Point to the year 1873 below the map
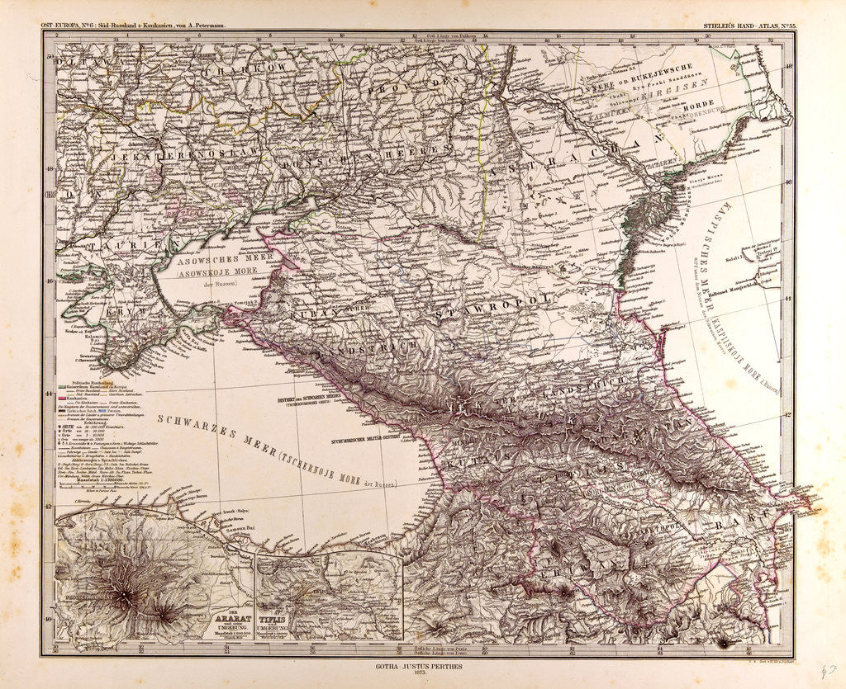coord(423,672)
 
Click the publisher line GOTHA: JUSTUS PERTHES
coord(423,664)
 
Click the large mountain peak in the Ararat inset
coord(125,594)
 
